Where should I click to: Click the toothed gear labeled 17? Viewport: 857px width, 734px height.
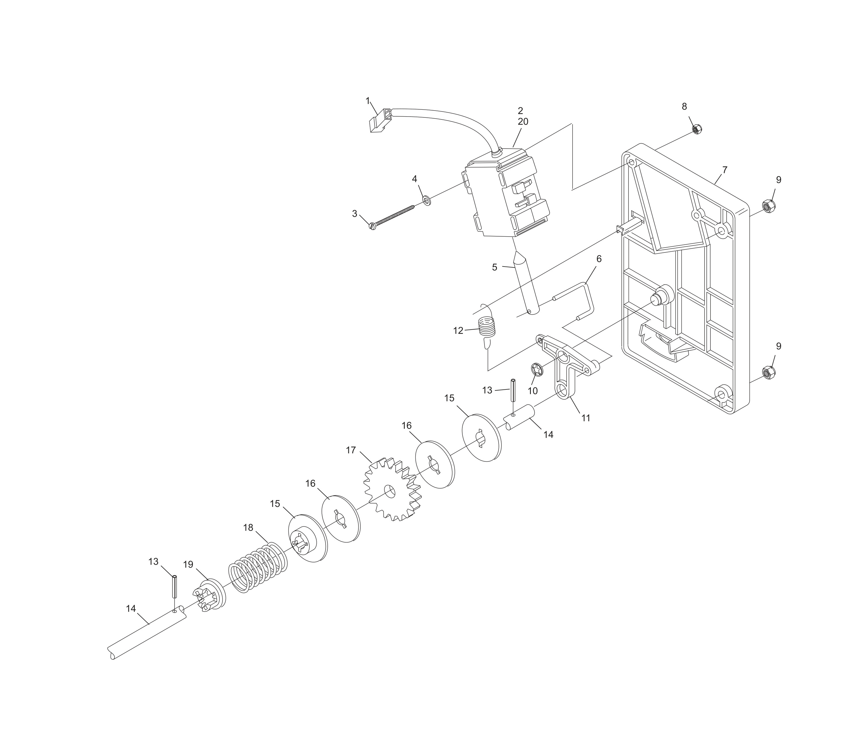392,490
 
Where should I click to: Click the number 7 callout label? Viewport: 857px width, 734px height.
724,170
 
